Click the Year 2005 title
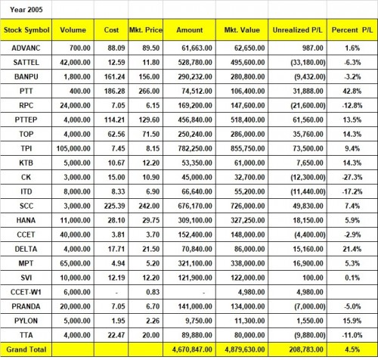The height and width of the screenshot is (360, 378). pyautogui.click(x=26, y=10)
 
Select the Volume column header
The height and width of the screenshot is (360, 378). pyautogui.click(x=73, y=30)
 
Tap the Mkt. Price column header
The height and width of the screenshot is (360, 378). pyautogui.click(x=146, y=30)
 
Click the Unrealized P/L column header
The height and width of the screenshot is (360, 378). pyautogui.click(x=297, y=30)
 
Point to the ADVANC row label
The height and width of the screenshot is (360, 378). pyautogui.click(x=26, y=48)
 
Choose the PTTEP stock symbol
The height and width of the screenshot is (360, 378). pyautogui.click(x=26, y=119)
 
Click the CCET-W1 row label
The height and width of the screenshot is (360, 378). pyautogui.click(x=26, y=292)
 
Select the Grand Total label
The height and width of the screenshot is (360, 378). pyautogui.click(x=26, y=349)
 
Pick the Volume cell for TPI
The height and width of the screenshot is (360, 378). pyautogui.click(x=73, y=148)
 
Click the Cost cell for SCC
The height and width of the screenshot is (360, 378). pyautogui.click(x=114, y=206)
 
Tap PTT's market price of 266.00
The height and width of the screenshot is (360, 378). pyautogui.click(x=149, y=91)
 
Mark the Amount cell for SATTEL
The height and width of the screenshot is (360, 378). pyautogui.click(x=195, y=62)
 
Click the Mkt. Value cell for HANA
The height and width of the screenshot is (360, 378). pyautogui.click(x=248, y=220)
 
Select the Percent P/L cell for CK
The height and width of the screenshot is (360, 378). pyautogui.click(x=352, y=177)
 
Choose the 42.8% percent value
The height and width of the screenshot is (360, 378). pyautogui.click(x=352, y=91)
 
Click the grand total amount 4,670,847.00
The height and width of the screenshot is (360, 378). pyautogui.click(x=192, y=349)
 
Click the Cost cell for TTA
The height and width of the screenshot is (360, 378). pyautogui.click(x=116, y=335)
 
